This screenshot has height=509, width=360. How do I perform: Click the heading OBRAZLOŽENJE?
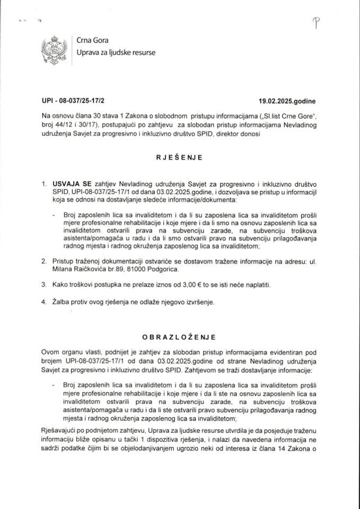click(x=180, y=336)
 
